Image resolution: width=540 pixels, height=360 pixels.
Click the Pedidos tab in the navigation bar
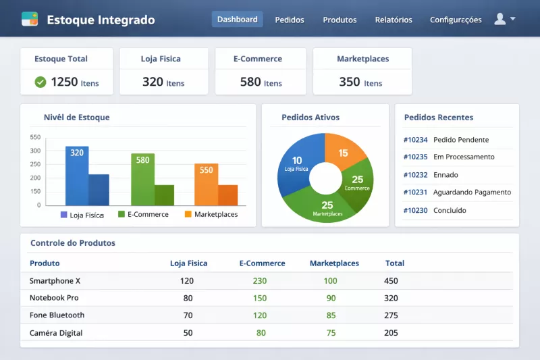(x=290, y=20)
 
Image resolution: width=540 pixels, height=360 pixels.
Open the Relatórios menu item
(x=394, y=20)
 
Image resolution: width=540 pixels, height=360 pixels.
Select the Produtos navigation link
(x=340, y=20)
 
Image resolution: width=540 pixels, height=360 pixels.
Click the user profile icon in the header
(x=500, y=19)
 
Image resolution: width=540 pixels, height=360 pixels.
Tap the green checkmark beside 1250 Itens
(x=40, y=82)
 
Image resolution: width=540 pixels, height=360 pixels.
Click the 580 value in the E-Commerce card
(x=250, y=82)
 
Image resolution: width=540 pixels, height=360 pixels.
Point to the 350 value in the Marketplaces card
(x=350, y=82)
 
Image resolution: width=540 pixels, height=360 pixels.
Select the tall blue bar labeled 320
(x=77, y=176)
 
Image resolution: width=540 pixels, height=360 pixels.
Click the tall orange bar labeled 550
(x=206, y=184)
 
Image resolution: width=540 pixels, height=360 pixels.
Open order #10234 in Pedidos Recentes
(x=416, y=140)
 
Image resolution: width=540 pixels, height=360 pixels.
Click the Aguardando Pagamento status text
(x=472, y=192)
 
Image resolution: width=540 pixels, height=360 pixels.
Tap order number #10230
(x=416, y=210)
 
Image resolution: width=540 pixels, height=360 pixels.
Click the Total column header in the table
(x=395, y=263)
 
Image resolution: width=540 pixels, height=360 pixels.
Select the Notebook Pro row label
(x=54, y=298)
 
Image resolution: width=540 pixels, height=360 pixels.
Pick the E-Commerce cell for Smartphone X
(x=260, y=281)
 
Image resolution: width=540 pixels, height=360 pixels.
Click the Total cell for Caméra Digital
(x=391, y=333)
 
